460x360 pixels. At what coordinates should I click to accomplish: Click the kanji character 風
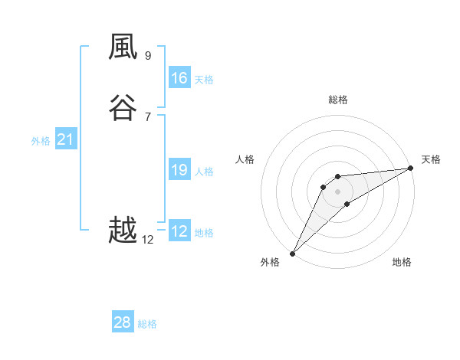123,48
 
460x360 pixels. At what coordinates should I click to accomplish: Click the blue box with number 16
179,78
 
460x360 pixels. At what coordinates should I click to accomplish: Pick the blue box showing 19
179,170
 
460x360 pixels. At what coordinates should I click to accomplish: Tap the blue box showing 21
65,139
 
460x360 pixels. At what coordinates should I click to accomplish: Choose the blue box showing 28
123,322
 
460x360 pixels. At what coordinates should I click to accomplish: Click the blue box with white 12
179,231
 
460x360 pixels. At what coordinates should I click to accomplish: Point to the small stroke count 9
148,56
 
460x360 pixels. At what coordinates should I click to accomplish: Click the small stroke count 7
148,116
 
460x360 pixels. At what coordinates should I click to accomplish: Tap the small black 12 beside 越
148,240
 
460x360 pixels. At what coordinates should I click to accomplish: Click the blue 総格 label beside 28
147,324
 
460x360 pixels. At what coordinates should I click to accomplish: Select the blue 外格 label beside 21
41,141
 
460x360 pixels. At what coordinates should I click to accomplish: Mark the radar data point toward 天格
410,169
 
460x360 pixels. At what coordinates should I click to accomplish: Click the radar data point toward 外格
292,253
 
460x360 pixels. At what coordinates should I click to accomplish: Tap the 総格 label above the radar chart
337,100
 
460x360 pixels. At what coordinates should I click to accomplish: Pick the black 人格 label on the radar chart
245,159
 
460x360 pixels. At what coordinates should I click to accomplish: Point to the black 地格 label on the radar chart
402,263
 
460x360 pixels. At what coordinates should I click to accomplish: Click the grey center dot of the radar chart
337,191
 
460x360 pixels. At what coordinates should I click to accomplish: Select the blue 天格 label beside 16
204,80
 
